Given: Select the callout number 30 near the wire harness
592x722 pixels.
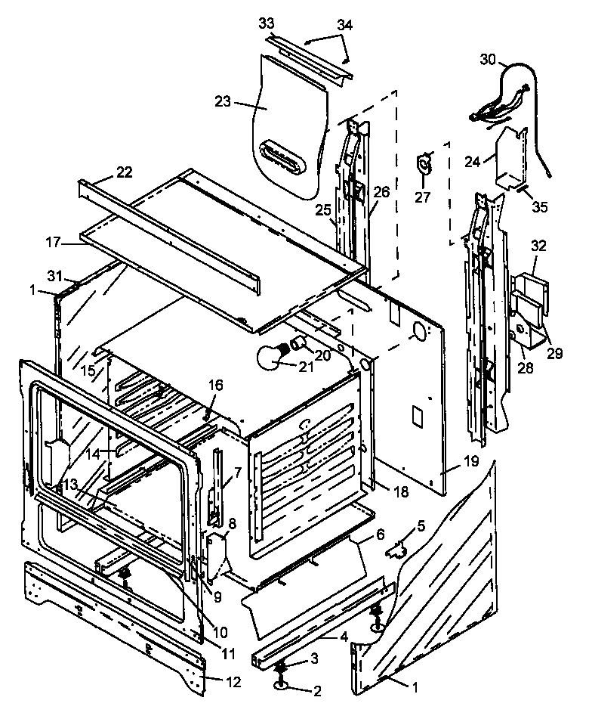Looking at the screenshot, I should tap(489, 60).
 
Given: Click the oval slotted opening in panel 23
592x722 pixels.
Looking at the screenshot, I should tap(289, 155).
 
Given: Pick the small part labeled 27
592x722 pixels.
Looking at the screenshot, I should tap(425, 164).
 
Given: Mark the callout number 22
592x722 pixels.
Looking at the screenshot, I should tap(124, 172).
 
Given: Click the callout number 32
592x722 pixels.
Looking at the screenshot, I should tap(538, 246).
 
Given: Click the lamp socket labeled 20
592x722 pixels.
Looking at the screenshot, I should tap(299, 344).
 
